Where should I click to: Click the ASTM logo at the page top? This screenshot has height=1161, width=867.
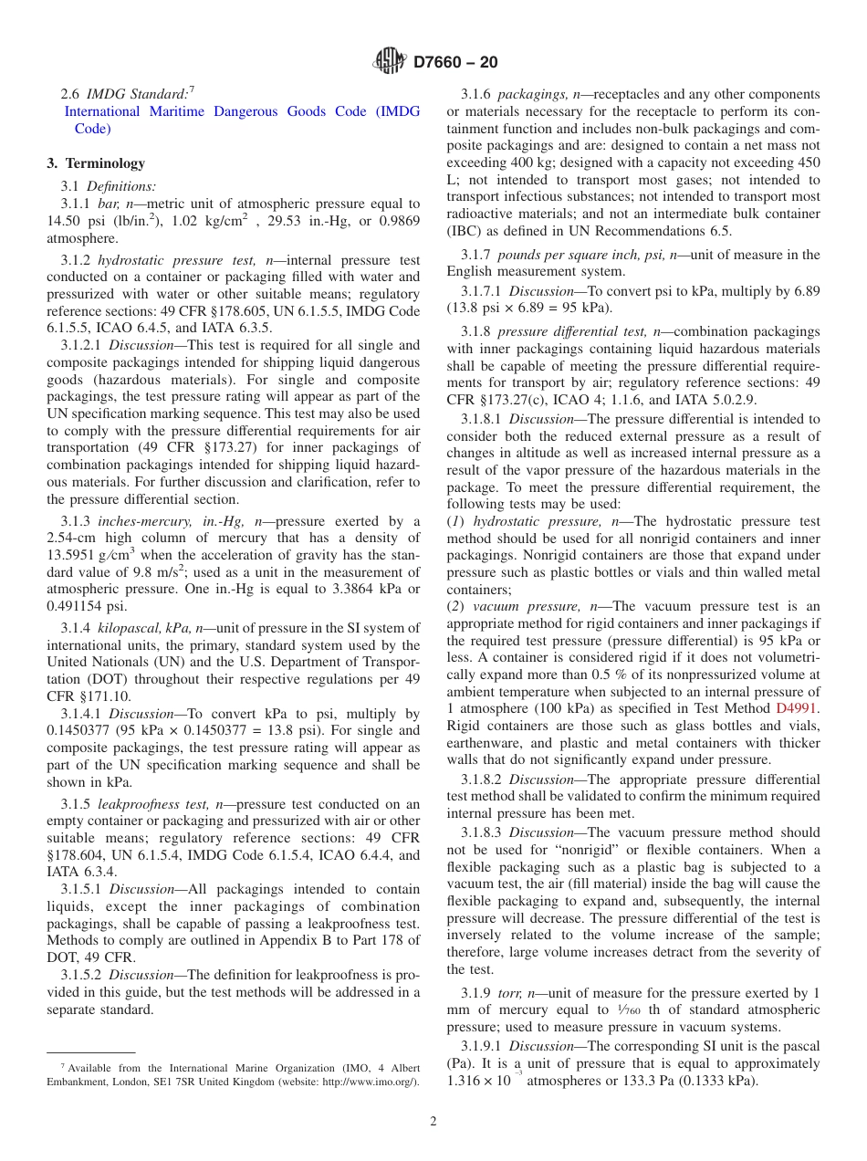391,62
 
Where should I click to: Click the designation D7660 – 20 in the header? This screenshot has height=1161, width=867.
455,63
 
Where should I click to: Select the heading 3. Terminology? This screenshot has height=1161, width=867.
96,163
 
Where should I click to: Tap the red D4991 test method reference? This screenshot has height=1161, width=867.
798,707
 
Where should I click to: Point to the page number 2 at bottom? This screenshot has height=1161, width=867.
433,1121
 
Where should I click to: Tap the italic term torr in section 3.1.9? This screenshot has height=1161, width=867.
511,993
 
